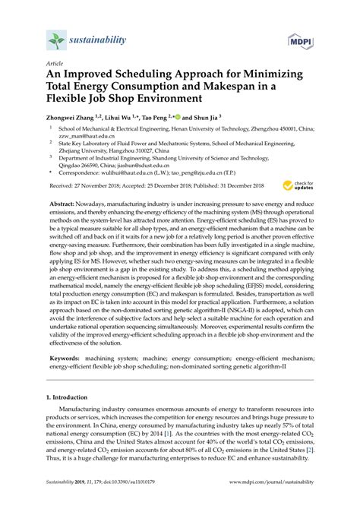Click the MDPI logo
pyautogui.click(x=299, y=40)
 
